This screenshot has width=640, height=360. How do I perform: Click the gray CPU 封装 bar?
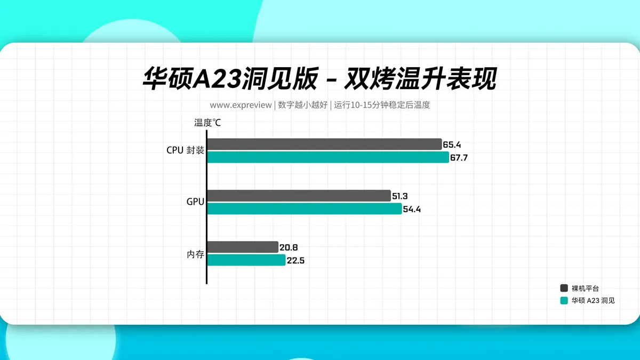(325, 145)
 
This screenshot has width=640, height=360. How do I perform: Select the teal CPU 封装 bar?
(329, 157)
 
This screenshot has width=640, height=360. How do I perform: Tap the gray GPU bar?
(299, 196)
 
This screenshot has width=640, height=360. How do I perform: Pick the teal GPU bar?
(305, 209)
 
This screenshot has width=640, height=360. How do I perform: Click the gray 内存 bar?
(243, 247)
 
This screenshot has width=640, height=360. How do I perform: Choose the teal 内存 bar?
(246, 260)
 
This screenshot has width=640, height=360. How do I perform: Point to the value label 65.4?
(452, 145)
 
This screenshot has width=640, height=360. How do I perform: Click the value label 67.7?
(459, 158)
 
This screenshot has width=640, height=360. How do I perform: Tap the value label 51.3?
(399, 196)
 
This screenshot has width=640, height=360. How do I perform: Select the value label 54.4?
(412, 210)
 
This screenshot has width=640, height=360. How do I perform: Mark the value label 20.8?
(289, 247)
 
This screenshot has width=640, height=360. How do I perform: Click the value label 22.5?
(295, 261)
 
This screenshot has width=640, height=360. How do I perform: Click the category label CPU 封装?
(185, 150)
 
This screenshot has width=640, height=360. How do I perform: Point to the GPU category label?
(195, 202)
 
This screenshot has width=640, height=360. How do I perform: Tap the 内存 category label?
(195, 254)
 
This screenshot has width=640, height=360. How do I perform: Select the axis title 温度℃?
(207, 123)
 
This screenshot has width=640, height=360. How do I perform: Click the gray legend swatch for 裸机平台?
(564, 288)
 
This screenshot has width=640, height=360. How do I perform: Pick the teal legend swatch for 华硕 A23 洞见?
(564, 301)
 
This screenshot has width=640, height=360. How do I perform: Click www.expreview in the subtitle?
(241, 105)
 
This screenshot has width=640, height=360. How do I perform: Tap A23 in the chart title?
(217, 78)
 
